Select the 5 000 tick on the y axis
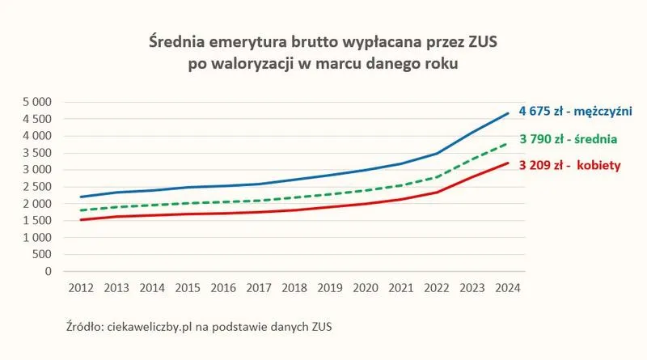37,102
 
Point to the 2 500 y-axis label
37,187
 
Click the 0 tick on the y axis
49,271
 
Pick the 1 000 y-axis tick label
37,237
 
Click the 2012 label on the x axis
81,288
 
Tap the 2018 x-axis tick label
294,288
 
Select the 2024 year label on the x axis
508,288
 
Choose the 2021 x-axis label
401,288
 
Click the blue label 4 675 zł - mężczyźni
575,111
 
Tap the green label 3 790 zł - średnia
569,139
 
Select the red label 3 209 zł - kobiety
570,165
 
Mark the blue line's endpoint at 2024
508,113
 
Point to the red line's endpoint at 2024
508,163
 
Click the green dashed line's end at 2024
507,144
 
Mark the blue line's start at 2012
81,197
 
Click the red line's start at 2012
81,219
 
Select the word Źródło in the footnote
85,326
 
